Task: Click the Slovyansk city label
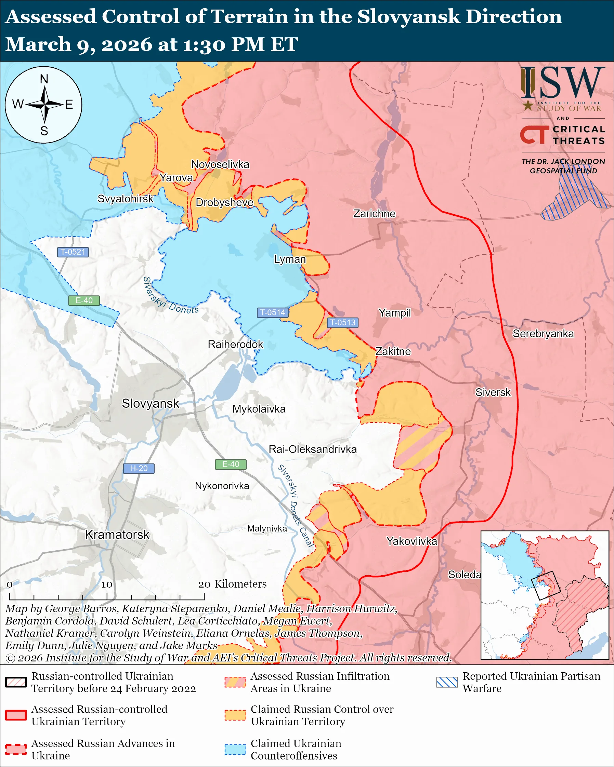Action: point(150,403)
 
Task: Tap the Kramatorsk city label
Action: point(117,534)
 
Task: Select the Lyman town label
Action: point(290,259)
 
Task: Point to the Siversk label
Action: point(493,392)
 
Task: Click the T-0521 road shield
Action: point(73,252)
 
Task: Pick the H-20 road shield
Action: point(139,468)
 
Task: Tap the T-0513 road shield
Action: point(342,322)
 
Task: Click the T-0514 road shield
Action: point(272,312)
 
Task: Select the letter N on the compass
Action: point(44,79)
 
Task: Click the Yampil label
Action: point(394,313)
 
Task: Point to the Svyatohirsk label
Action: point(125,199)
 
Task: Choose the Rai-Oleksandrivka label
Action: point(313,449)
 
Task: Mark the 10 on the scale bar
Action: point(107,584)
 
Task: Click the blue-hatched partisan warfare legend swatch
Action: point(447,682)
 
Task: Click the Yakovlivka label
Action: point(411,541)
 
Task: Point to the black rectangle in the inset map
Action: point(546,586)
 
